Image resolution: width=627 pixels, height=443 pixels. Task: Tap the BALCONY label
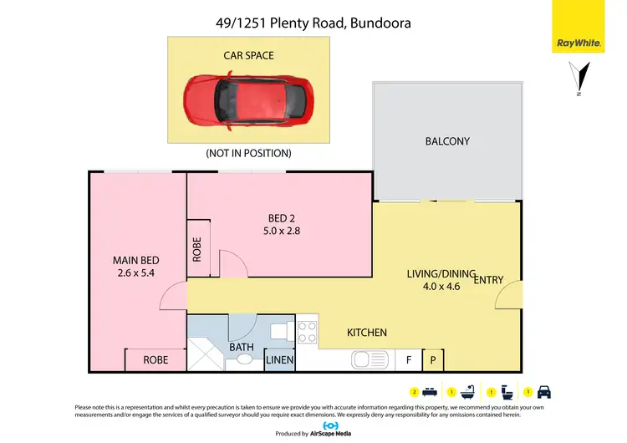[x=447, y=141]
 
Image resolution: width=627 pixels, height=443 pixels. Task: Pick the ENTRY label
[x=488, y=280]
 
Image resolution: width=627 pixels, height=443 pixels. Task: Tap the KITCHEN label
[x=367, y=333]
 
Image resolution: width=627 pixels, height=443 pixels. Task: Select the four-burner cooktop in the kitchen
[x=307, y=332]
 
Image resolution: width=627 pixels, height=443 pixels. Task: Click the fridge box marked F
[x=409, y=360]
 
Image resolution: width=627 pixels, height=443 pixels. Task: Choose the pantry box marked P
[x=433, y=360]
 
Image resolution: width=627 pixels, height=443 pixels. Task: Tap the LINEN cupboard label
[x=278, y=360]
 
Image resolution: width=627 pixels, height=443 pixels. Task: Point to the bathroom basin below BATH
[x=245, y=360]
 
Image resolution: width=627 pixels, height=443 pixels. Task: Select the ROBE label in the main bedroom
[x=155, y=360]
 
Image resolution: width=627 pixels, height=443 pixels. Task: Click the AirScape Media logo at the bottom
[x=313, y=430]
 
